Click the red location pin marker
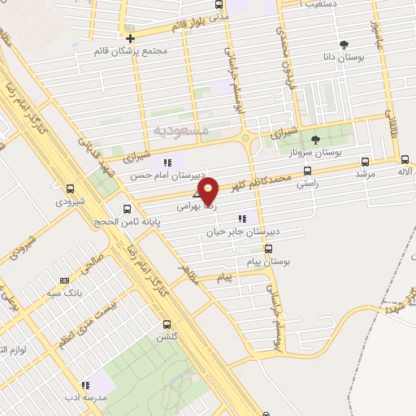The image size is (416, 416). coord(210,189)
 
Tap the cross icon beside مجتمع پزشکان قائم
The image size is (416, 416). coord(130,37)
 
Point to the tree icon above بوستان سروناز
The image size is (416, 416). coord(316,140)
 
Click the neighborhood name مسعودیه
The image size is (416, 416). coord(182,130)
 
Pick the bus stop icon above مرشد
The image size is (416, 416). coord(363,160)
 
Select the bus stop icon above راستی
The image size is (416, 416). coord(306,171)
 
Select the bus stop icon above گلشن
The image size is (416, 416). coord(166,324)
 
